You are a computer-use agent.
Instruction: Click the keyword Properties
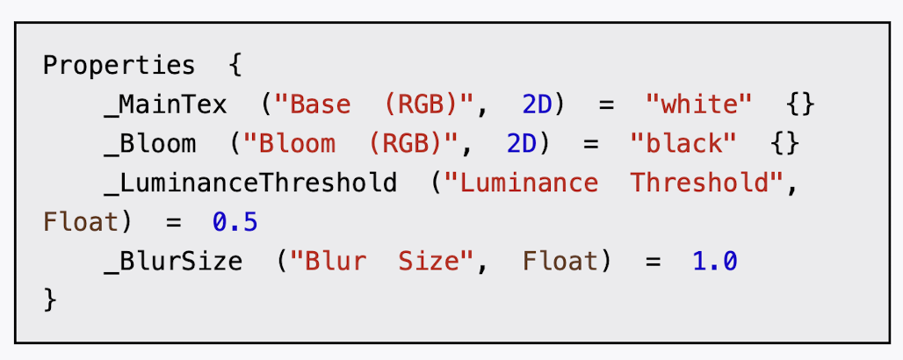(119, 66)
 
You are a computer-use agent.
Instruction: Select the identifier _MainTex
(164, 105)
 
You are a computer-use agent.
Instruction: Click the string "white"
(698, 105)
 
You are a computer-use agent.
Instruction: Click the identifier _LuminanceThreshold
(249, 184)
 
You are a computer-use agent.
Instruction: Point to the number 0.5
(235, 222)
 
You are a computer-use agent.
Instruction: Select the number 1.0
(715, 262)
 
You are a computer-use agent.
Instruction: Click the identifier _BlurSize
(172, 262)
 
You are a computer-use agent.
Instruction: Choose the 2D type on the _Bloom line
(521, 144)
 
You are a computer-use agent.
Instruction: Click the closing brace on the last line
(50, 300)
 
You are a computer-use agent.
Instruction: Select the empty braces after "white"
(801, 105)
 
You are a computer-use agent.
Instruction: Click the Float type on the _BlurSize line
(560, 262)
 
